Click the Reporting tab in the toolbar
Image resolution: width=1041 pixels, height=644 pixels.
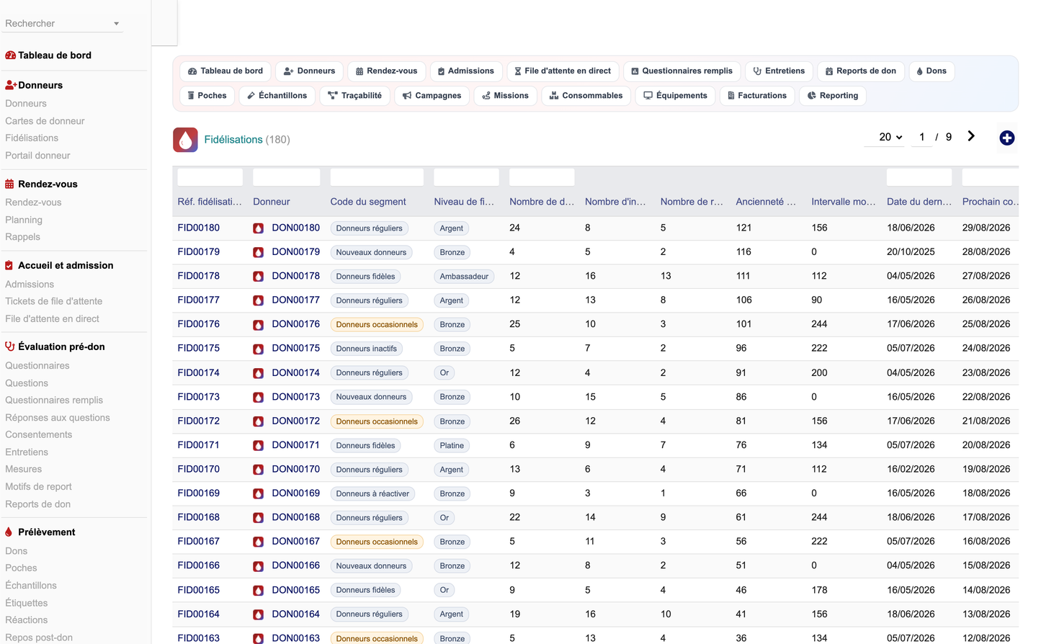coord(832,96)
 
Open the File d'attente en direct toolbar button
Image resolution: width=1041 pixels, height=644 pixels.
coord(563,71)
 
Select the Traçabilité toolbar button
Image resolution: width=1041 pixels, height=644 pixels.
coord(354,96)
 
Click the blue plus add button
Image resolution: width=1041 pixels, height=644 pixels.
coord(1006,138)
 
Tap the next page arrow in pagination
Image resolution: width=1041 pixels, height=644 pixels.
coord(971,136)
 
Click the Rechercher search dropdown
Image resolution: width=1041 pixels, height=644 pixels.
coord(62,23)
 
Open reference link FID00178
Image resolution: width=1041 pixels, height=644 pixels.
coord(198,276)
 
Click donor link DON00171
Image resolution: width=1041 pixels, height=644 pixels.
coord(295,445)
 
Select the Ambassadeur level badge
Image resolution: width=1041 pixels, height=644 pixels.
coord(464,277)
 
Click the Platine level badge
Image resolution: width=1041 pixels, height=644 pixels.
coord(452,446)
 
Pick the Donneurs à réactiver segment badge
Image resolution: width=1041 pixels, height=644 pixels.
coord(372,493)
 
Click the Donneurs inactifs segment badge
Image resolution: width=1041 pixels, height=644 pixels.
coord(366,349)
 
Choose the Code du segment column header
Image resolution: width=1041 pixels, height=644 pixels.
coord(367,202)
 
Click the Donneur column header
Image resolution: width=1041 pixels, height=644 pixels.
coord(272,202)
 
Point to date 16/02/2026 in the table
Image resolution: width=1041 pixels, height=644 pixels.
coord(911,469)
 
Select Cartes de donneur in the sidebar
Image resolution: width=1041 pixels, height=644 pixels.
coord(45,121)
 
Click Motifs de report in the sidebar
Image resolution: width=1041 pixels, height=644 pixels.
coord(38,486)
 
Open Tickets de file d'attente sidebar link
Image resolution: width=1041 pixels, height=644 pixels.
coord(53,301)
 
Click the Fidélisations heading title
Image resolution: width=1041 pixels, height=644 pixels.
coord(233,140)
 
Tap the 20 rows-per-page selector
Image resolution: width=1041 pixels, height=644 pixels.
coord(890,137)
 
